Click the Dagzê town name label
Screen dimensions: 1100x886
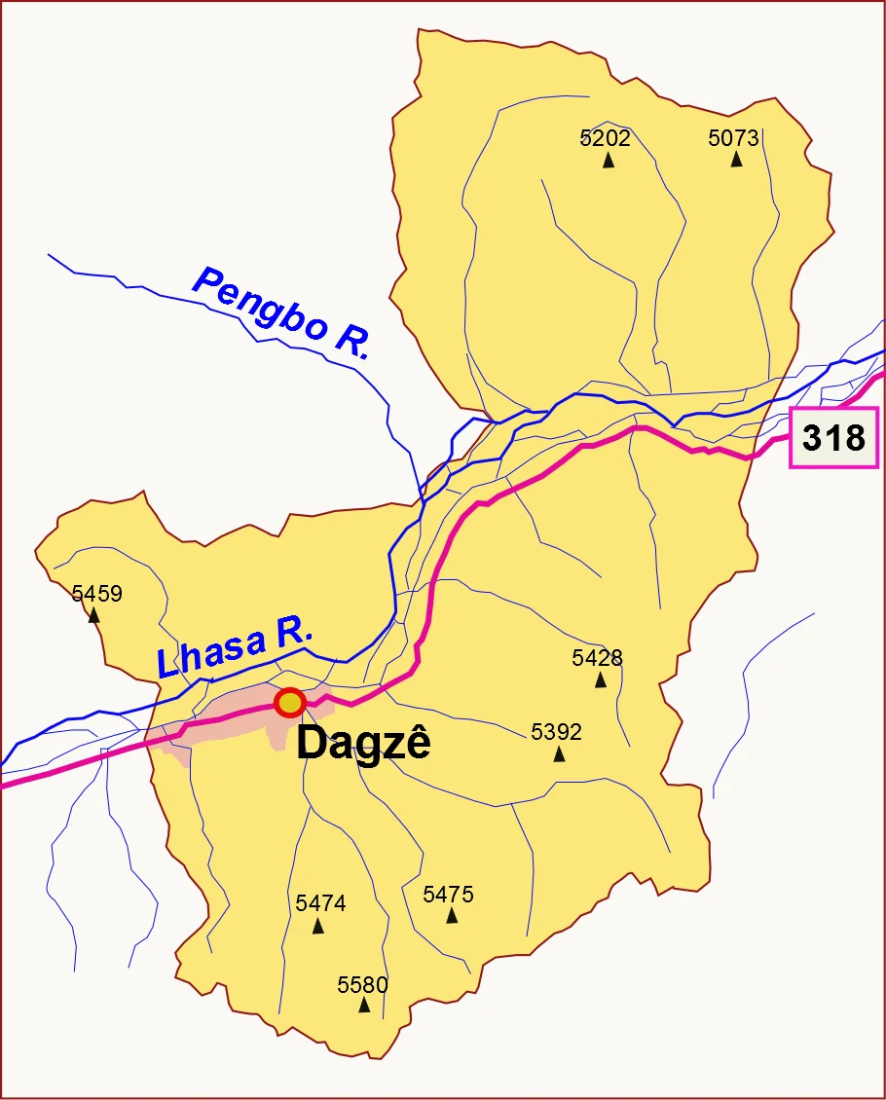click(x=363, y=744)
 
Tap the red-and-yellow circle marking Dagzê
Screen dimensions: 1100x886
click(x=289, y=701)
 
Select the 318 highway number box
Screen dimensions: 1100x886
click(x=833, y=438)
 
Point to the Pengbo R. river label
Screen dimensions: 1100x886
click(x=281, y=313)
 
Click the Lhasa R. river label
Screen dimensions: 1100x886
click(x=235, y=649)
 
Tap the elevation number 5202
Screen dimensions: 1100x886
click(x=606, y=138)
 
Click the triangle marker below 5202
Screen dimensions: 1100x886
click(x=609, y=161)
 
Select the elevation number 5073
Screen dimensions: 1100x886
click(x=733, y=138)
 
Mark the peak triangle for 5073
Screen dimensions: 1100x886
click(x=737, y=160)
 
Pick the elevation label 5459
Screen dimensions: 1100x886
click(x=97, y=594)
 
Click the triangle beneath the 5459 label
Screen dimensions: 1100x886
click(x=94, y=616)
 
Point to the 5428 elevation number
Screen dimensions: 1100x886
click(x=597, y=658)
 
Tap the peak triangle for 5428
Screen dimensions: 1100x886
click(x=601, y=680)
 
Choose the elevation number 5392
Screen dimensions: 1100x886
click(x=556, y=732)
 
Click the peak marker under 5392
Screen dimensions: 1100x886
click(x=559, y=754)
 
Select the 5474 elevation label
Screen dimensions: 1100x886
click(x=320, y=903)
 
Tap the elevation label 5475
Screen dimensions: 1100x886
click(x=448, y=894)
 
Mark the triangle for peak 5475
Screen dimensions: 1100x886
click(x=452, y=916)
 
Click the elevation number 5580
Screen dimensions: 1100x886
click(x=362, y=984)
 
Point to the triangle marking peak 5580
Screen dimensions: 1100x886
click(x=364, y=1006)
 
